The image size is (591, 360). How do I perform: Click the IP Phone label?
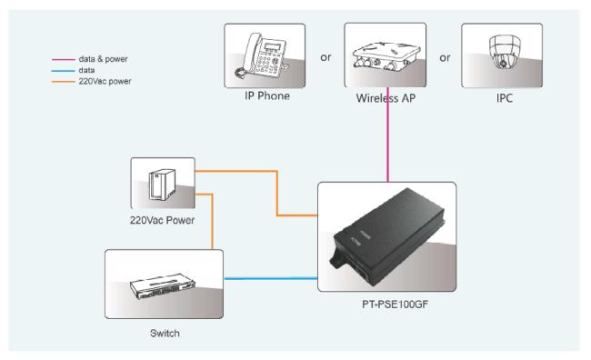[267, 96]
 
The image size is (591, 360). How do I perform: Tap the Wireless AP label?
[386, 98]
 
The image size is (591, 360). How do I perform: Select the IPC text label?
[505, 98]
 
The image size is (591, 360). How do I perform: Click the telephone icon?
[262, 55]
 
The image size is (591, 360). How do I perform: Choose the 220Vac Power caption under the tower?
[163, 221]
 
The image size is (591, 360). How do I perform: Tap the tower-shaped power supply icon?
[162, 185]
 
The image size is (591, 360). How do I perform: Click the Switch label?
[165, 334]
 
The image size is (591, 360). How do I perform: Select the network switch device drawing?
[163, 286]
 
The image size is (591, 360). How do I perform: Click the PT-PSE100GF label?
[395, 305]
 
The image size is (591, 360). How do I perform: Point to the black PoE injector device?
[387, 236]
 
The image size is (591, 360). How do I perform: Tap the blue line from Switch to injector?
[271, 279]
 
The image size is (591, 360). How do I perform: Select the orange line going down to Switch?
[212, 221]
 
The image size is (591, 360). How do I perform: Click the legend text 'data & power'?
[104, 59]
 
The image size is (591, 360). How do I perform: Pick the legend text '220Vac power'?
[105, 82]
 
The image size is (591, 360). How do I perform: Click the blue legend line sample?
[64, 71]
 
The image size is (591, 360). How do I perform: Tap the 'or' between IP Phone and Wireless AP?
[326, 57]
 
